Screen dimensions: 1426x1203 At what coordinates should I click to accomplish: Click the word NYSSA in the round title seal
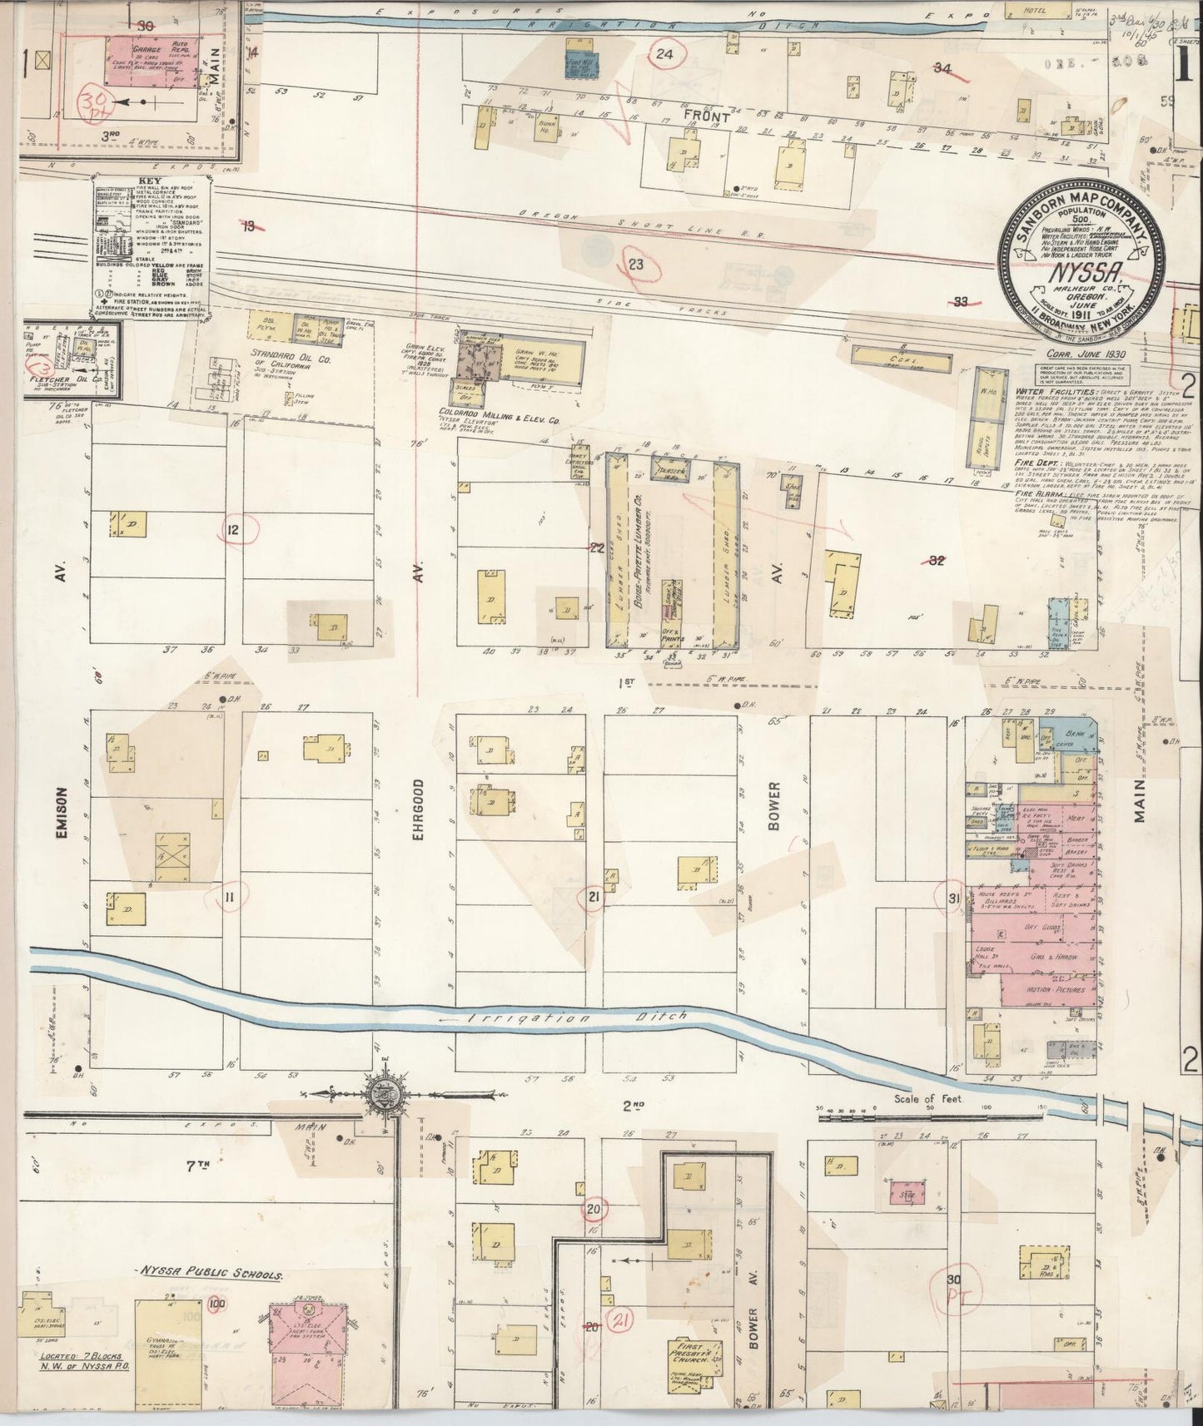pos(1071,275)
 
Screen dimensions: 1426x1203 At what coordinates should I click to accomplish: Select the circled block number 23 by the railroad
pos(636,265)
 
